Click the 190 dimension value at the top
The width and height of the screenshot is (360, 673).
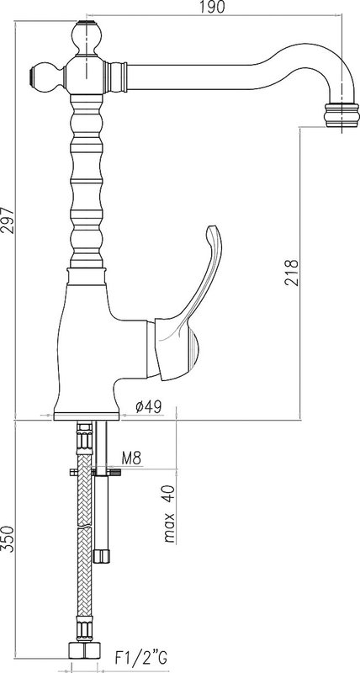213,7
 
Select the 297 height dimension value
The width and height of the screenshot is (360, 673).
8,220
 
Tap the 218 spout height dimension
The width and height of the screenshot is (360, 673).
291,272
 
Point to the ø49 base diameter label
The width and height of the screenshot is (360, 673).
149,406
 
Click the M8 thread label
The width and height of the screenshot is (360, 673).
131,458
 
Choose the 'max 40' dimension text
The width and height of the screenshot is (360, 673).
170,513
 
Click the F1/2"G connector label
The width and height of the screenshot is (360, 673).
140,657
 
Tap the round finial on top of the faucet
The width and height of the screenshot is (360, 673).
86,38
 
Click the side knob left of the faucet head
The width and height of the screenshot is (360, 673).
46,77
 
